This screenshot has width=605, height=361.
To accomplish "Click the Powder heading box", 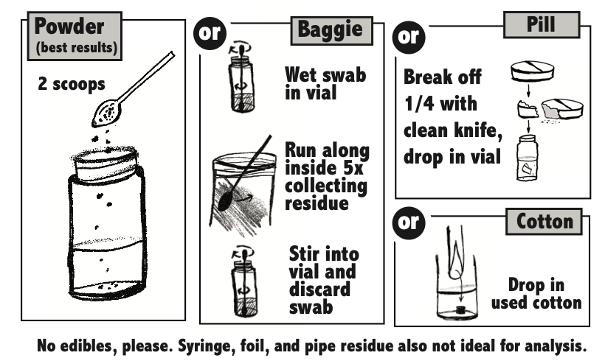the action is tap(75, 36).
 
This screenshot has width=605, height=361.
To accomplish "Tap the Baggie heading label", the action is tap(331, 30).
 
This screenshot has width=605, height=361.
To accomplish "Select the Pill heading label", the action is tap(542, 24).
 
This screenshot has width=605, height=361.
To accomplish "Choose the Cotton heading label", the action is tap(544, 222).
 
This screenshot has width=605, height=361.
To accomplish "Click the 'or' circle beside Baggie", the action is tap(210, 33).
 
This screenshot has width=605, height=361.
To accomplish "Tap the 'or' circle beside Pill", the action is tap(409, 37).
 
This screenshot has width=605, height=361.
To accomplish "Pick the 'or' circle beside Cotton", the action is tap(409, 222).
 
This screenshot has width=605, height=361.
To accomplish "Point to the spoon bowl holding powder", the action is tap(106, 113).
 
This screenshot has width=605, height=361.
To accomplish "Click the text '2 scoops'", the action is tap(72, 84).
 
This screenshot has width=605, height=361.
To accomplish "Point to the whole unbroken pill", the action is tap(533, 71).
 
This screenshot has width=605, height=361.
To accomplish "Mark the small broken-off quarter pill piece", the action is tap(528, 110).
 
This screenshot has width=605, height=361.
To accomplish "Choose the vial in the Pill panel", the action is tap(527, 158).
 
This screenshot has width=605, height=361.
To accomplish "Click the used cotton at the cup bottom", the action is tap(459, 309).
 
